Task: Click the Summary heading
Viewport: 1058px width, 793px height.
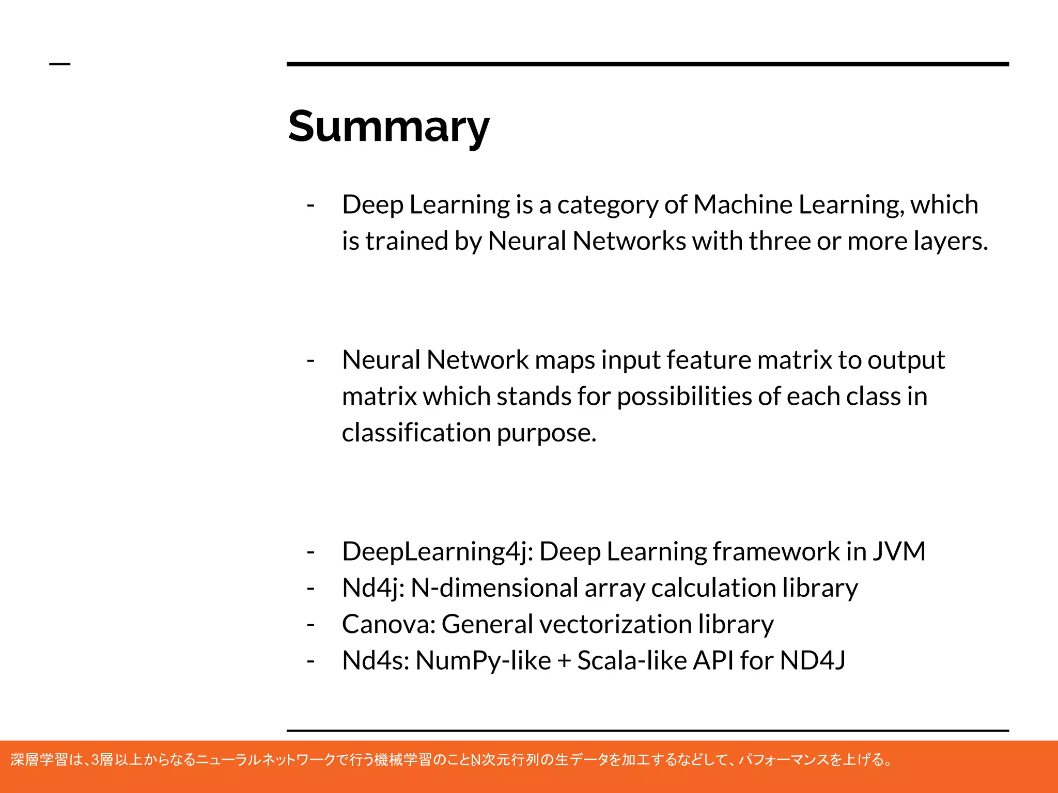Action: [x=388, y=127]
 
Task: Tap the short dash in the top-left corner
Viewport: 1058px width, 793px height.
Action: [x=59, y=64]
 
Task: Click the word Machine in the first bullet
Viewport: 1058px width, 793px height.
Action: [x=742, y=204]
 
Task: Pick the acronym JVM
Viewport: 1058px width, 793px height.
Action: [x=899, y=551]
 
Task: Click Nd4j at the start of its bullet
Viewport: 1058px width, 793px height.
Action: [x=373, y=588]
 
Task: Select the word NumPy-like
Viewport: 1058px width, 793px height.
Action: [x=483, y=661]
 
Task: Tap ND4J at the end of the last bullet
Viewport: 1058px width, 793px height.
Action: [x=813, y=660]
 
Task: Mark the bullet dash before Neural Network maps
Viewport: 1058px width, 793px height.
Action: [x=310, y=360]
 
